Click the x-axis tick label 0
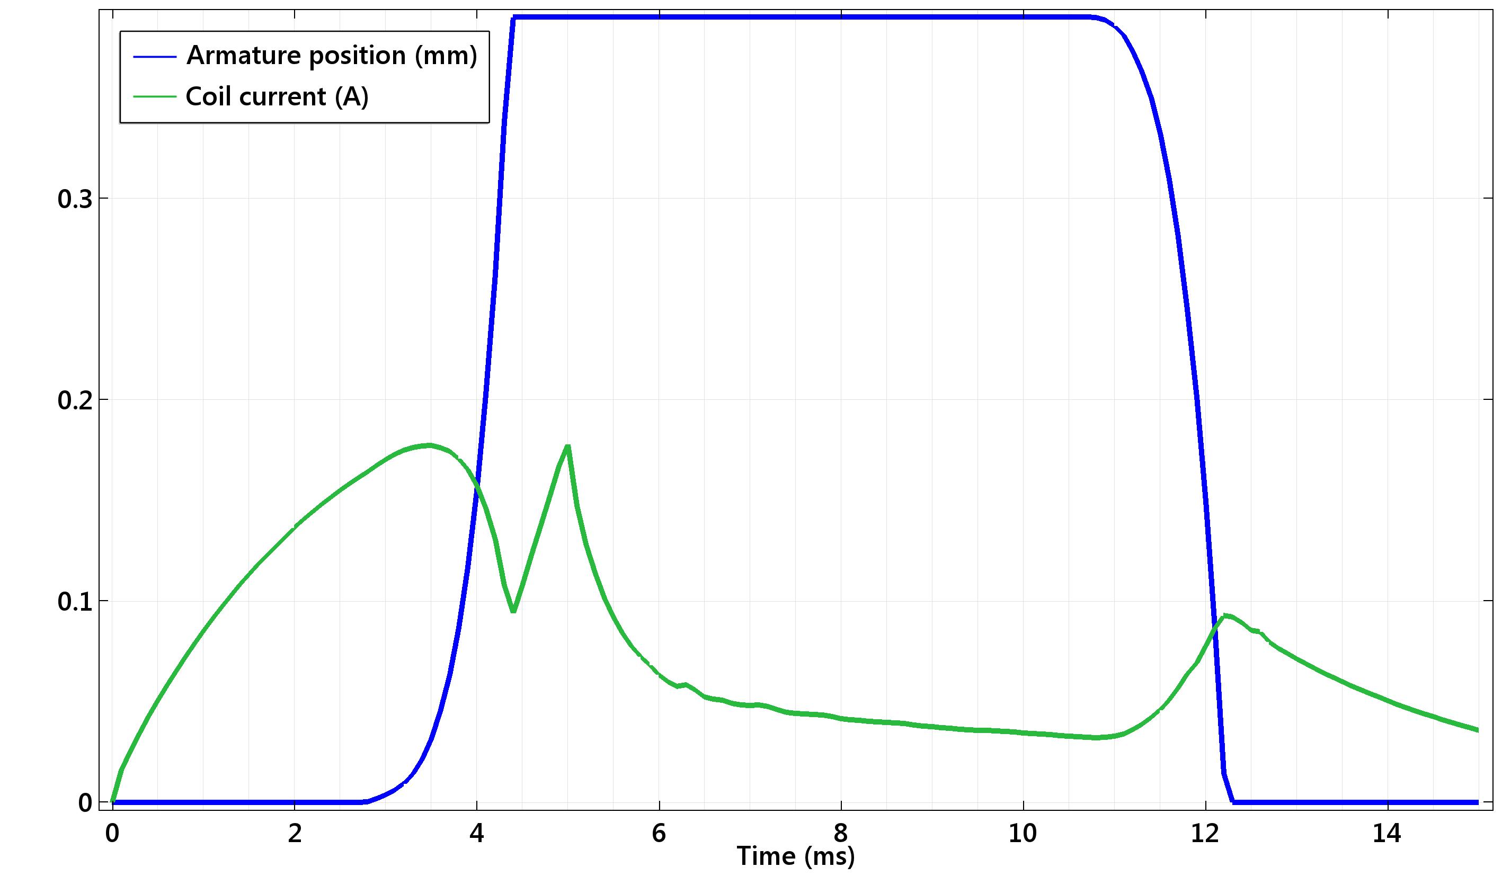(x=112, y=833)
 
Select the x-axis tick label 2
(x=295, y=833)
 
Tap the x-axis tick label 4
(x=477, y=833)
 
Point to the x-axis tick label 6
(x=659, y=833)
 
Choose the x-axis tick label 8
(x=841, y=833)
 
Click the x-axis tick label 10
(x=1023, y=833)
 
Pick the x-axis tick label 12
(x=1205, y=833)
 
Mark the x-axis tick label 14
(x=1387, y=833)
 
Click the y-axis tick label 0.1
(x=75, y=602)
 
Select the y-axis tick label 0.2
(x=75, y=400)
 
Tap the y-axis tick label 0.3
(x=75, y=199)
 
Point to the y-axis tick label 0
(x=85, y=803)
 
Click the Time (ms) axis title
(x=796, y=856)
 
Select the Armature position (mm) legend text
(x=332, y=56)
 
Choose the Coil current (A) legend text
(x=277, y=96)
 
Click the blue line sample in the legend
(x=155, y=57)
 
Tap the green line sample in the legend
(x=155, y=96)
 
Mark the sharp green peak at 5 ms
(x=567, y=446)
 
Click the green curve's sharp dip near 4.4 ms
(x=513, y=611)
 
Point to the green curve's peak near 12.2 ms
(x=1225, y=615)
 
